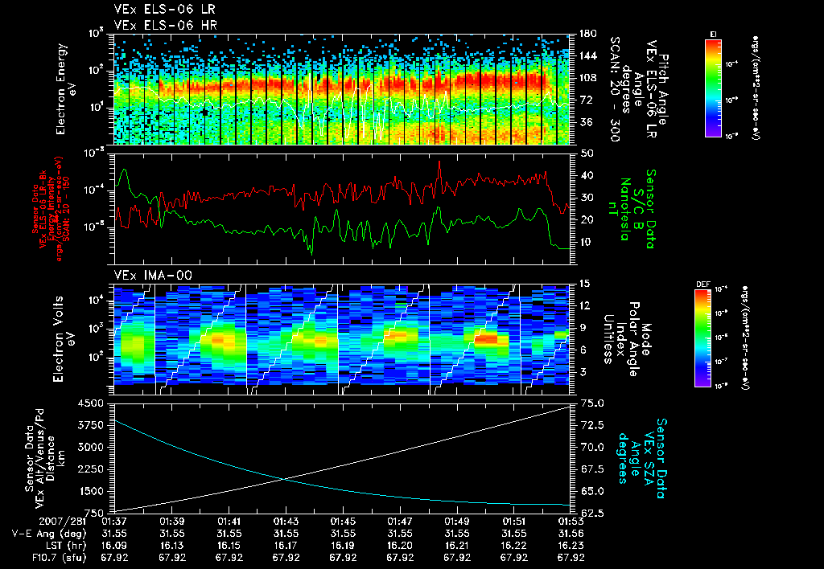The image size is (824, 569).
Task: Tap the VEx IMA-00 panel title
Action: pos(146,275)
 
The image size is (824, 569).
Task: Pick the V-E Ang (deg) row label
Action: pos(39,533)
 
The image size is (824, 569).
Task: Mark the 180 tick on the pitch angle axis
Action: pos(587,34)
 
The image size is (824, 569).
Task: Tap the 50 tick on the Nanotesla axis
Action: pos(586,153)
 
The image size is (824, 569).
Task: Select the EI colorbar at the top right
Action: pos(712,85)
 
